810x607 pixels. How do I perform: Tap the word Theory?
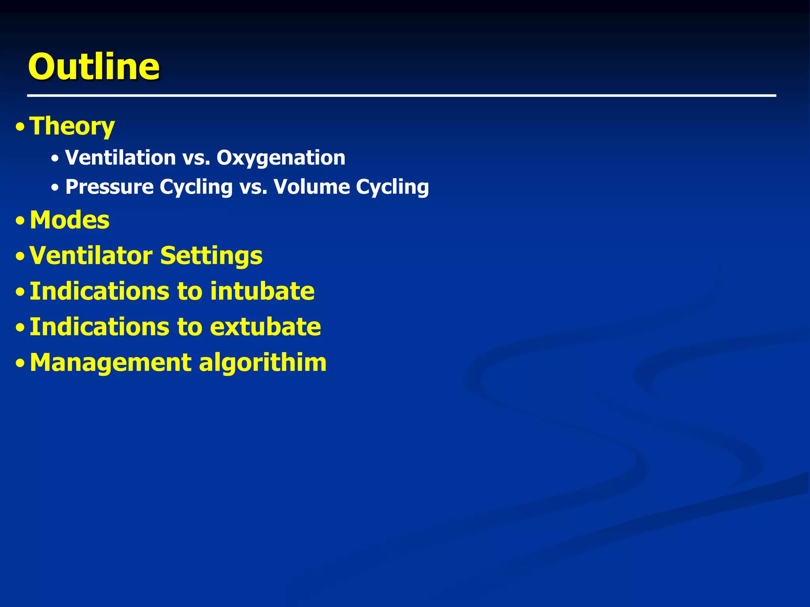[x=72, y=126]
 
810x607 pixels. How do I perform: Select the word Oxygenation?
[x=281, y=158]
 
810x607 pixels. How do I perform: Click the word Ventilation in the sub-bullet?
[x=120, y=158]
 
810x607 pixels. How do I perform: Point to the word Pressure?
[x=109, y=187]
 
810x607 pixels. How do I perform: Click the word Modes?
[x=70, y=220]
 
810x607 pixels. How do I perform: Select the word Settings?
[x=211, y=256]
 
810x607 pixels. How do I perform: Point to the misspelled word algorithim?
[x=263, y=363]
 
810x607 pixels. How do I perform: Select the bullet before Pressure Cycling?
[x=55, y=188]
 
